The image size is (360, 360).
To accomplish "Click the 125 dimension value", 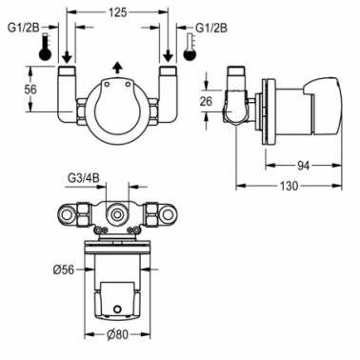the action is (x=117, y=12).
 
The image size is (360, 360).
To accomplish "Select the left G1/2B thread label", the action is (x=23, y=28).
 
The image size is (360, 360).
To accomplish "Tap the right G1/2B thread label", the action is (x=211, y=28).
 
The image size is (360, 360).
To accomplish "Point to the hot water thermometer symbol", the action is (x=45, y=47).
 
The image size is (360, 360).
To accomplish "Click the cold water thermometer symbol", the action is (x=190, y=47).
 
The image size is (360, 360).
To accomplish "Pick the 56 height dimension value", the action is (x=30, y=90).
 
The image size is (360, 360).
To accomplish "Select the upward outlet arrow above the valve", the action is (x=117, y=68).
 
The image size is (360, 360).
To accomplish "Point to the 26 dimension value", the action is (x=206, y=102).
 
